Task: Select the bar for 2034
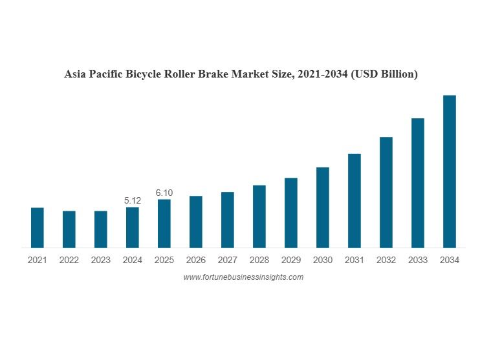pos(450,171)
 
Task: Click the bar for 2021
pos(38,228)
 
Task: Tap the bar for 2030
pos(323,207)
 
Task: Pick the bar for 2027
pos(228,220)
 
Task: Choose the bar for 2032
pos(386,192)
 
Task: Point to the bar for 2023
pos(101,229)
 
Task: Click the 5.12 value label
pos(133,201)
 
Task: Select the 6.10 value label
pos(164,193)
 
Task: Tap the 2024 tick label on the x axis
pos(133,260)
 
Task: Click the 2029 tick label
pos(291,260)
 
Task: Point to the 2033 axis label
pos(418,260)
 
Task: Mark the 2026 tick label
pos(196,260)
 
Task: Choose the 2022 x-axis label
pos(69,260)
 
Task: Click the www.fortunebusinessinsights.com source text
pos(243,277)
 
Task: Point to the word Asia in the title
pos(74,74)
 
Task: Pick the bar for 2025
pos(164,223)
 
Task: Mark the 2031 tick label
pos(355,260)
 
